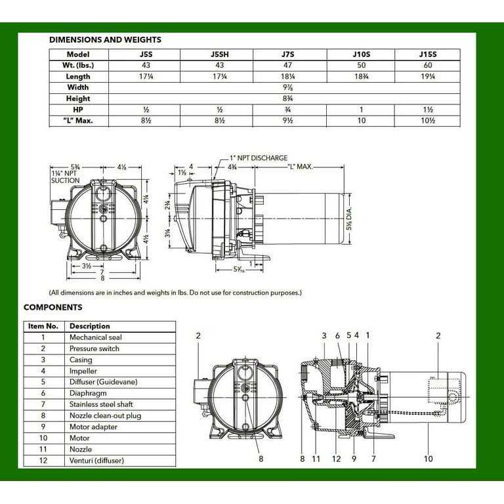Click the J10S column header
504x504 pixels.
click(x=361, y=54)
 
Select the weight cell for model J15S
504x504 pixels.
click(x=427, y=65)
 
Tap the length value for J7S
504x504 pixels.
click(x=287, y=77)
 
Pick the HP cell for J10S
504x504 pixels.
click(x=361, y=110)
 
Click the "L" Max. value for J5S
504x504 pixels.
click(x=146, y=121)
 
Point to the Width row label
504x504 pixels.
click(x=78, y=87)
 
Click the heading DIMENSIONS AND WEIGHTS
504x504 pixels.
click(x=105, y=40)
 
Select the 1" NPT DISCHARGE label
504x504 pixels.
click(x=259, y=158)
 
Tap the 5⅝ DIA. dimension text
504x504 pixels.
click(x=349, y=219)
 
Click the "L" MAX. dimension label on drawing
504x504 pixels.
click(x=300, y=167)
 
